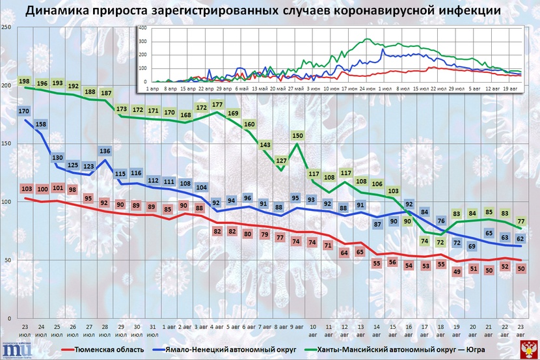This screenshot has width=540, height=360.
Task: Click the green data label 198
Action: (x=25, y=81)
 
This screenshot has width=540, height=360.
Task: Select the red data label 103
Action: (x=26, y=189)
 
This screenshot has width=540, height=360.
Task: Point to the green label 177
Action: (x=217, y=104)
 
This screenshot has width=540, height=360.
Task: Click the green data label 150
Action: (x=297, y=135)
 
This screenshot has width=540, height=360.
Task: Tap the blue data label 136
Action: (x=105, y=151)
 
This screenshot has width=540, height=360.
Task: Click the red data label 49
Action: (x=457, y=271)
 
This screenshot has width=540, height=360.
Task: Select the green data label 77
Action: (x=521, y=222)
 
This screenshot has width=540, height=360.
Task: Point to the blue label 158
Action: (x=41, y=124)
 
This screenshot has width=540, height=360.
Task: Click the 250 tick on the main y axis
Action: (x=6, y=27)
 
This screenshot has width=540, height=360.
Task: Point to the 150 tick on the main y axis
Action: (x=6, y=143)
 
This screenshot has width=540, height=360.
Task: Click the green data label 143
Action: (x=265, y=145)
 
